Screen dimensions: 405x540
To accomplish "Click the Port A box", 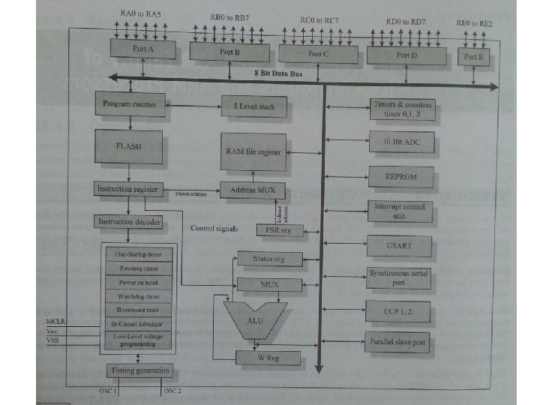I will click(x=142, y=49).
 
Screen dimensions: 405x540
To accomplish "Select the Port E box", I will click(x=472, y=56).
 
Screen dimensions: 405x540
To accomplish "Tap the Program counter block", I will click(x=129, y=104).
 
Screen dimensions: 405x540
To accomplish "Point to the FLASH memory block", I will click(x=129, y=147).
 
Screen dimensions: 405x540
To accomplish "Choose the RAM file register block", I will click(x=253, y=151).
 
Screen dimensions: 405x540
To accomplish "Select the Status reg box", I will click(x=269, y=259).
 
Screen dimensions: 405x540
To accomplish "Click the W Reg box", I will click(x=268, y=358).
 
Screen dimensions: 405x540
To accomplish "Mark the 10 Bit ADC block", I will click(x=401, y=141).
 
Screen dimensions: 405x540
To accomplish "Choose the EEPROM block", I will click(x=401, y=178).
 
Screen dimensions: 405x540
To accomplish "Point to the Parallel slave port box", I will click(x=397, y=343).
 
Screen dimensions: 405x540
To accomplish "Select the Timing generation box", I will click(x=140, y=370).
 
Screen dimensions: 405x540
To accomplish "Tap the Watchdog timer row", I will click(x=137, y=296).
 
